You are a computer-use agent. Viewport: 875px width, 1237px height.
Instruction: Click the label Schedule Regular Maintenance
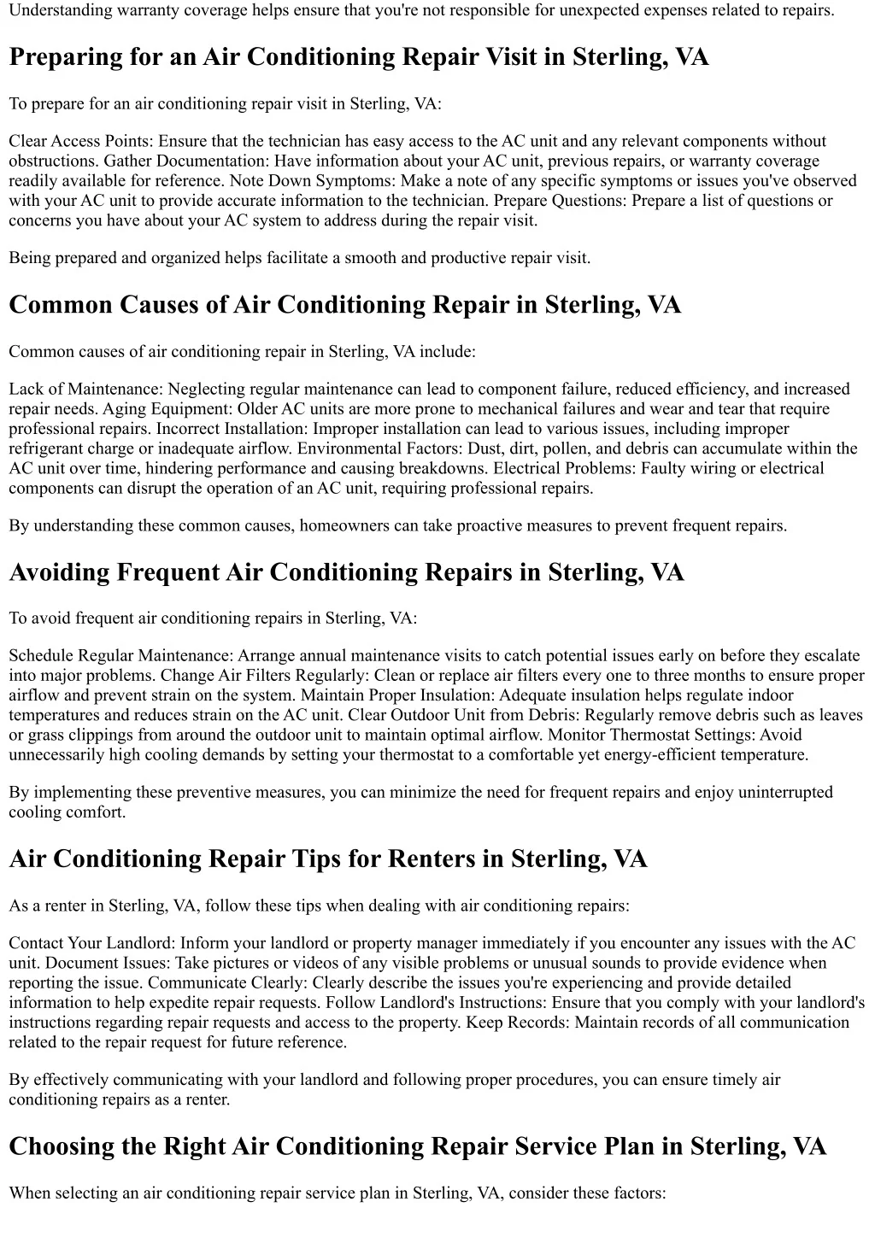click(120, 656)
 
